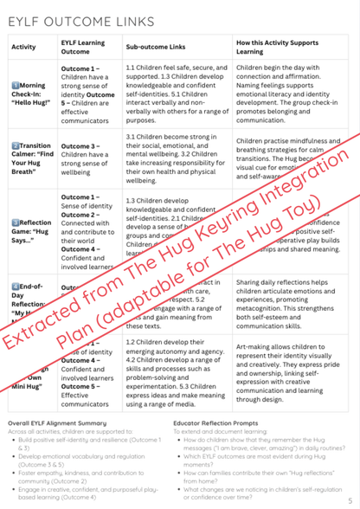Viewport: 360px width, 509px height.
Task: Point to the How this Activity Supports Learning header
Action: [x=285, y=47]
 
